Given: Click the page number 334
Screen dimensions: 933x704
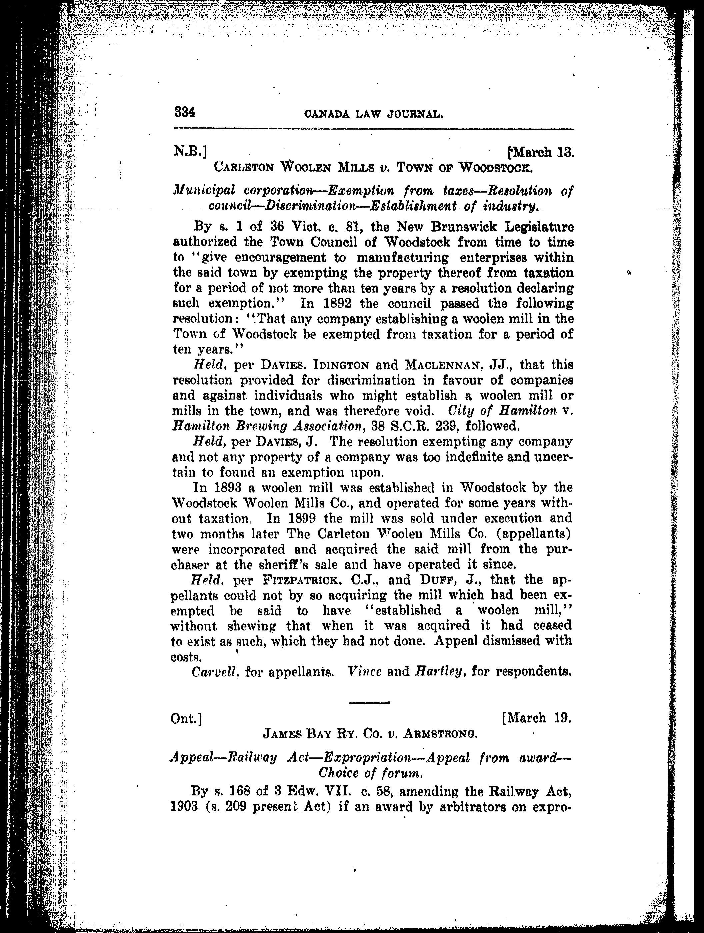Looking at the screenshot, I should (184, 113).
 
